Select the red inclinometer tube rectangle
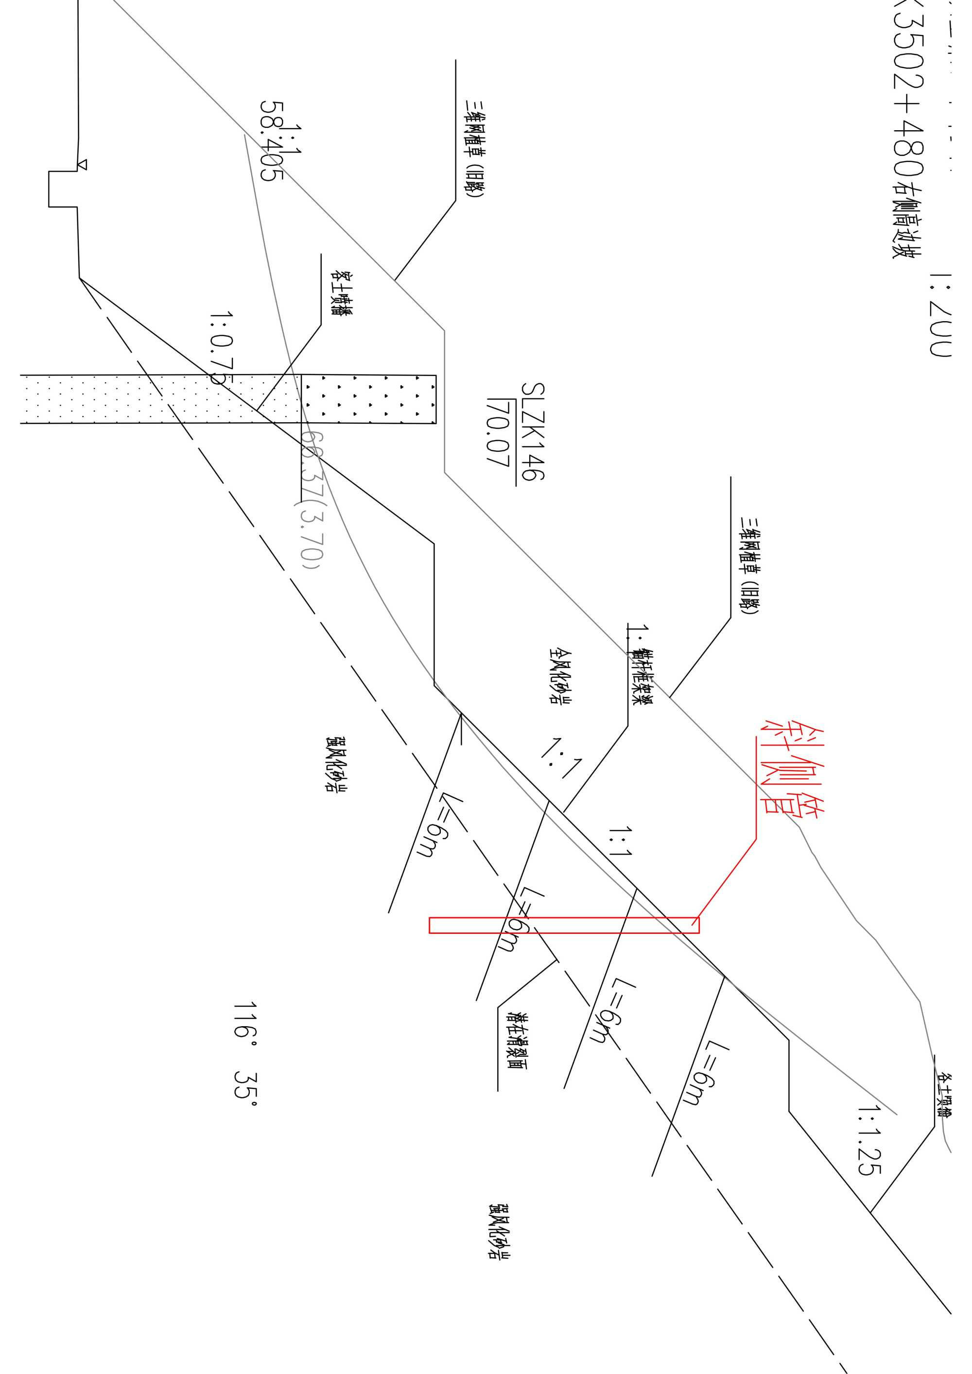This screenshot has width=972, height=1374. coord(563,925)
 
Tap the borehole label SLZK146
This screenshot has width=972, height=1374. coord(532,432)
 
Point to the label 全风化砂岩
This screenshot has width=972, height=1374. coord(559,676)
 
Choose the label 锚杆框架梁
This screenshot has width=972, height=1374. coord(641,676)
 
